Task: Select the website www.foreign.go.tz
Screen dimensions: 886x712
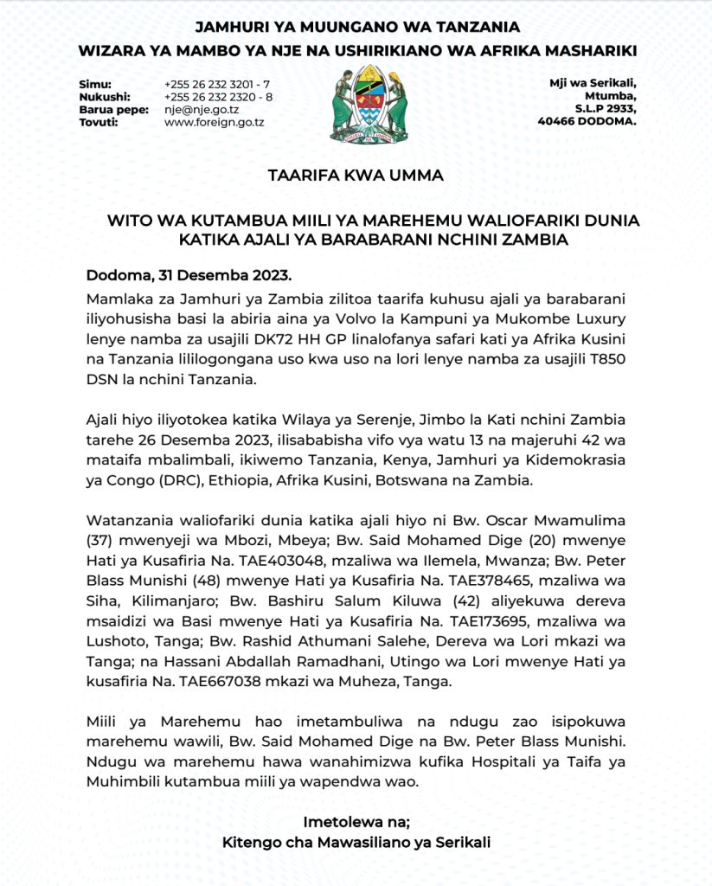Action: (214, 123)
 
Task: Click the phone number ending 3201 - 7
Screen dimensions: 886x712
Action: (217, 84)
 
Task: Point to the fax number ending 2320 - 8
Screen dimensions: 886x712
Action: (218, 97)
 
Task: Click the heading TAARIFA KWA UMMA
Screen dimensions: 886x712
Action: (356, 176)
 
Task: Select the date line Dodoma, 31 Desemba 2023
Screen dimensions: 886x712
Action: (189, 277)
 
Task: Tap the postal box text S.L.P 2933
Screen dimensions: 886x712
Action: (606, 109)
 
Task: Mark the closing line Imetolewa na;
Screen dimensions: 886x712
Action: (356, 821)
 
